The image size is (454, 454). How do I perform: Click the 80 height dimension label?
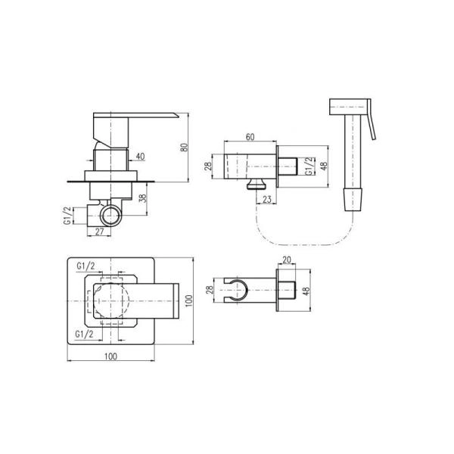point(184,147)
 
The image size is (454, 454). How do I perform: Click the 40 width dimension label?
point(140,157)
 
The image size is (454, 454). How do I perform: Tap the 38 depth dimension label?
point(143,198)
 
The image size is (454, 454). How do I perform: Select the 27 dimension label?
point(99,232)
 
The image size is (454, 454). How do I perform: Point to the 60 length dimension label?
point(250,137)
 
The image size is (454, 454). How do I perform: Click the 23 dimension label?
point(266,199)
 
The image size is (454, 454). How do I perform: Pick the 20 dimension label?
point(286,260)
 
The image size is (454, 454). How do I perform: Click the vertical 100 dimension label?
point(188,301)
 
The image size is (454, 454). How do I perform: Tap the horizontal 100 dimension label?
point(110,356)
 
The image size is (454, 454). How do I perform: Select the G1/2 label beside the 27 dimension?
point(67,216)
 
